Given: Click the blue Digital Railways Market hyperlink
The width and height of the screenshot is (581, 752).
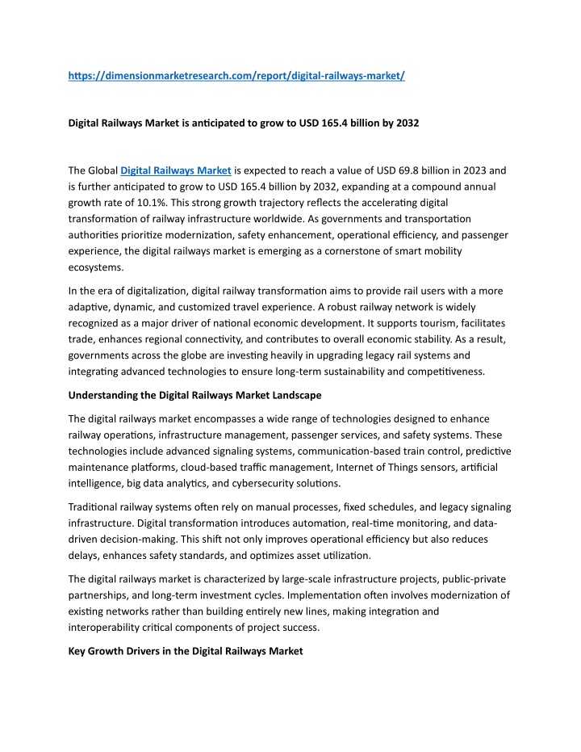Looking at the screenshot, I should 176,170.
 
